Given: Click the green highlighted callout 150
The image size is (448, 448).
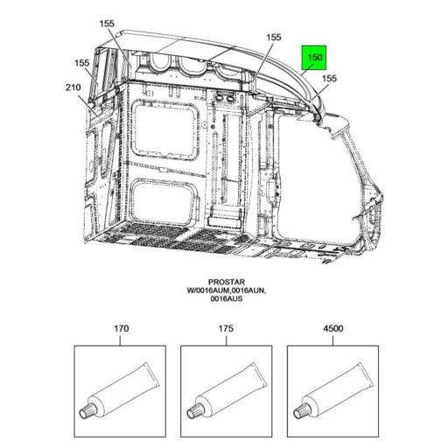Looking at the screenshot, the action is pyautogui.click(x=314, y=58).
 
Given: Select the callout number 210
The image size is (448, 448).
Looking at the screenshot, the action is pyautogui.click(x=73, y=87).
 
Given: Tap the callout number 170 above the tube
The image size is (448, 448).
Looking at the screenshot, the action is pyautogui.click(x=121, y=329).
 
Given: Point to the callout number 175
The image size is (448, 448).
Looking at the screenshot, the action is pyautogui.click(x=226, y=329).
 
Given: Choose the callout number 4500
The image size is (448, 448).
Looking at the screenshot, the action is pyautogui.click(x=333, y=329).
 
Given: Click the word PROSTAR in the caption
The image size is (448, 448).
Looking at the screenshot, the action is pyautogui.click(x=227, y=282).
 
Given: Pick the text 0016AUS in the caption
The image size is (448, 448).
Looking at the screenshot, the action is pyautogui.click(x=227, y=298).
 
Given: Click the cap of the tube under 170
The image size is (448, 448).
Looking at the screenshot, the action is pyautogui.click(x=86, y=412).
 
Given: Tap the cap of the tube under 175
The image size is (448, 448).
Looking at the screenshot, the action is pyautogui.click(x=192, y=412).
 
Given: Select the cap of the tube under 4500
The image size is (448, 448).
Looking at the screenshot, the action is pyautogui.click(x=299, y=412).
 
